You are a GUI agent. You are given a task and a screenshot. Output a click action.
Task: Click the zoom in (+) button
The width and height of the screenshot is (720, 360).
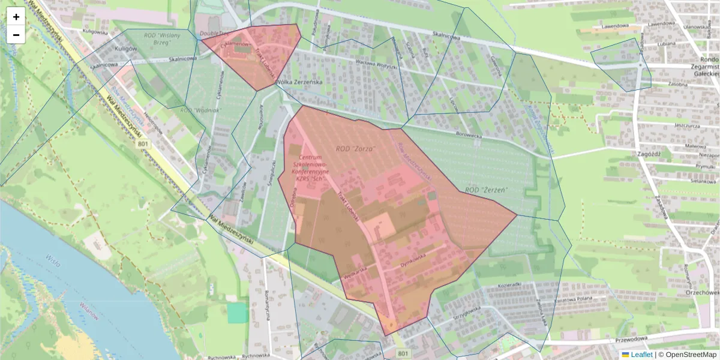pyautogui.click(x=16, y=17)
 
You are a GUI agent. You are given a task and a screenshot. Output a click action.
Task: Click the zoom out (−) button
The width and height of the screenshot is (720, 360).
pyautogui.click(x=16, y=35)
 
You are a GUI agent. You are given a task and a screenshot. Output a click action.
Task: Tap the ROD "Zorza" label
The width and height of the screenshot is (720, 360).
pyautogui.click(x=355, y=148)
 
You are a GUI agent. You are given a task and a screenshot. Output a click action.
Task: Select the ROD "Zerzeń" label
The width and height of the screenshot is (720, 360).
pyautogui.click(x=487, y=190)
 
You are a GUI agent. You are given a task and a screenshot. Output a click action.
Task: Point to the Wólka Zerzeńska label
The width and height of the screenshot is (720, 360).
pyautogui.click(x=299, y=82)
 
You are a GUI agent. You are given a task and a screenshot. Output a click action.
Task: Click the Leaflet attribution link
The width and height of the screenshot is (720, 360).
pyautogui.click(x=641, y=355)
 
